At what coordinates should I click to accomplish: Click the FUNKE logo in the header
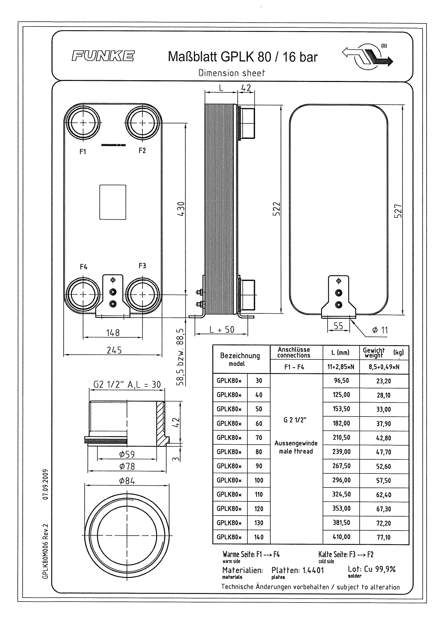[x=103, y=56]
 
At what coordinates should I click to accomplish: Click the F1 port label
[x=83, y=152]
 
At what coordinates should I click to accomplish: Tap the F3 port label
[x=142, y=266]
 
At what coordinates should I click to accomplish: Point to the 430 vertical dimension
[x=181, y=209]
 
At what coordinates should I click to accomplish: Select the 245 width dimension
[x=114, y=350]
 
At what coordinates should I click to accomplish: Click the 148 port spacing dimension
[x=113, y=332]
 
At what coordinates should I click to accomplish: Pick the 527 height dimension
[x=398, y=211]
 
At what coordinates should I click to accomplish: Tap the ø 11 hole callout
[x=380, y=330]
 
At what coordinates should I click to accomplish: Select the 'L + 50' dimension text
[x=222, y=329]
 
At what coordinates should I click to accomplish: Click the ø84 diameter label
[x=127, y=481]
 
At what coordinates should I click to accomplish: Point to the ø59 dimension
[x=127, y=454]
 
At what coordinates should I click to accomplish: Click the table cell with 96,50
[x=341, y=381]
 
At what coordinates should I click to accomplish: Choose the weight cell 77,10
[x=383, y=537]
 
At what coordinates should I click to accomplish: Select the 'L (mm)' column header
[x=340, y=353]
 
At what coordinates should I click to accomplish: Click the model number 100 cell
[x=259, y=480]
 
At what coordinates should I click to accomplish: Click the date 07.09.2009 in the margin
[x=46, y=484]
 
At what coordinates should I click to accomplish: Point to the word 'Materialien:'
[x=242, y=570]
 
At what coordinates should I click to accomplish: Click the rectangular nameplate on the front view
[x=113, y=202]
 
